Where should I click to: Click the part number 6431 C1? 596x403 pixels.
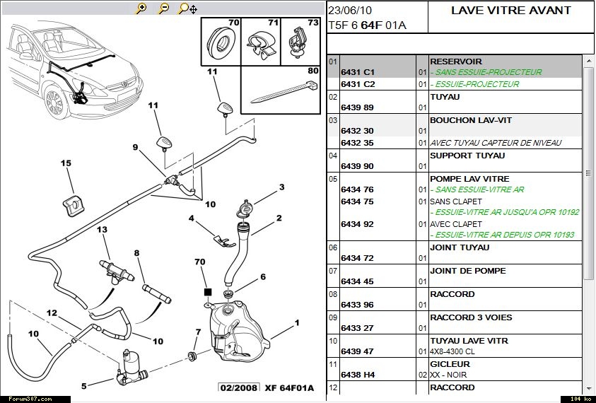tap(358, 72)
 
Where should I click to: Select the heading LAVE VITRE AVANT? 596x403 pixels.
tap(510, 11)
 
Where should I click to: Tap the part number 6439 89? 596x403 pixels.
tap(358, 107)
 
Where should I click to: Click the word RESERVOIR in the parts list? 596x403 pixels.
tap(455, 62)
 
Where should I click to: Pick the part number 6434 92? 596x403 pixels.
tap(358, 224)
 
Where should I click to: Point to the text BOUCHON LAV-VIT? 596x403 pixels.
tap(466, 120)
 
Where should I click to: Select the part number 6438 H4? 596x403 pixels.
tap(358, 375)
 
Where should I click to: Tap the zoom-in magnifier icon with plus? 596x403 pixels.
tap(141, 8)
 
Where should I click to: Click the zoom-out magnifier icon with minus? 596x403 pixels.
tap(163, 8)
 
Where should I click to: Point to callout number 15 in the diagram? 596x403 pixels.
tap(66, 163)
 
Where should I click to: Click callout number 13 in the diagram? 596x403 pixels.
tap(102, 230)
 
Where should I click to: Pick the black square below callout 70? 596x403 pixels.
tap(207, 292)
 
